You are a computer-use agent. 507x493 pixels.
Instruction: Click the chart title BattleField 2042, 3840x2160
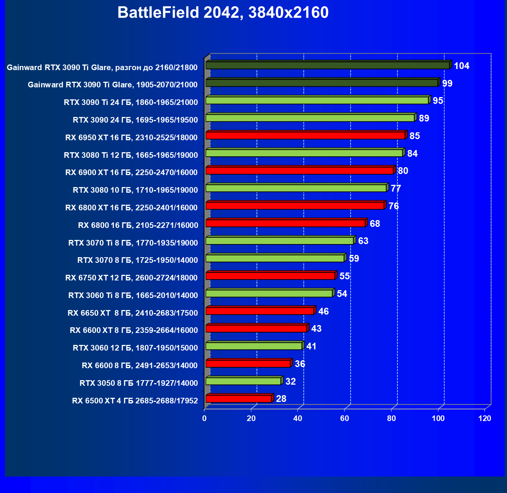pos(223,13)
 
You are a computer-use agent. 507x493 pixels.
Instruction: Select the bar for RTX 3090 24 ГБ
pos(310,118)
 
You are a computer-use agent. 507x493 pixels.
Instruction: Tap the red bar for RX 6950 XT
pos(305,135)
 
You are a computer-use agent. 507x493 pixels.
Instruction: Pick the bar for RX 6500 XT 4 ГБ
pos(238,399)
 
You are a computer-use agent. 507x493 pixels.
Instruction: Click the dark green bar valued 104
pos(327,66)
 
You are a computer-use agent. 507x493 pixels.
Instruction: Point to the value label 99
pos(447,83)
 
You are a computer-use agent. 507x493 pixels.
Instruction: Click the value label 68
pos(375,224)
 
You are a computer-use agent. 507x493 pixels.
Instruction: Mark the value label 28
pos(281,399)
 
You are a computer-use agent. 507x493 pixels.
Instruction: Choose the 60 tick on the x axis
pos(345,418)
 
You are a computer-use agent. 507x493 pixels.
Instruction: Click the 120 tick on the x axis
pos(484,418)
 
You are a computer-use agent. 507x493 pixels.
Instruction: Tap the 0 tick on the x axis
pos(204,418)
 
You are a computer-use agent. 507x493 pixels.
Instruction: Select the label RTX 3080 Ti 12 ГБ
pos(131,155)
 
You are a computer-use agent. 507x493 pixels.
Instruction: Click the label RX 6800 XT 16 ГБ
pos(131,208)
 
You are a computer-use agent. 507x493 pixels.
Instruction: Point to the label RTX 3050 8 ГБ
pos(138,383)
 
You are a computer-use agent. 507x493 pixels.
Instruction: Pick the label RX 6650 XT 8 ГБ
pos(132,313)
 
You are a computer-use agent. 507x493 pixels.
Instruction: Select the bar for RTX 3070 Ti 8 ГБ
pos(279,241)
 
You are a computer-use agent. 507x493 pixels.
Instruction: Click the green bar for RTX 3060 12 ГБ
pos(254,346)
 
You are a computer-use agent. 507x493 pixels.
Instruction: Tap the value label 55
pos(344,276)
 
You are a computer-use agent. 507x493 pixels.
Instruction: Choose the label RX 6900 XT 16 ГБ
pos(131,172)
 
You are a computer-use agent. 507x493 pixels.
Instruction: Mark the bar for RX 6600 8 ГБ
pos(248,364)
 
